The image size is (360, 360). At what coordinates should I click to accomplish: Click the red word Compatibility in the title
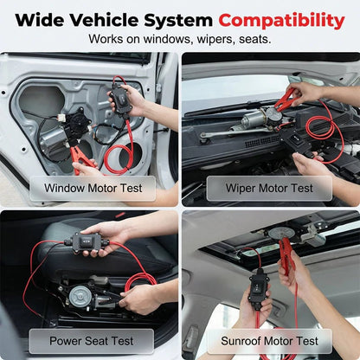pos(281,19)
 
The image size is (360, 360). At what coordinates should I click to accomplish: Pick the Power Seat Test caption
pos(91,340)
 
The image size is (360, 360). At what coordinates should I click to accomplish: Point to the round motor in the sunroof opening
pos(280,233)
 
